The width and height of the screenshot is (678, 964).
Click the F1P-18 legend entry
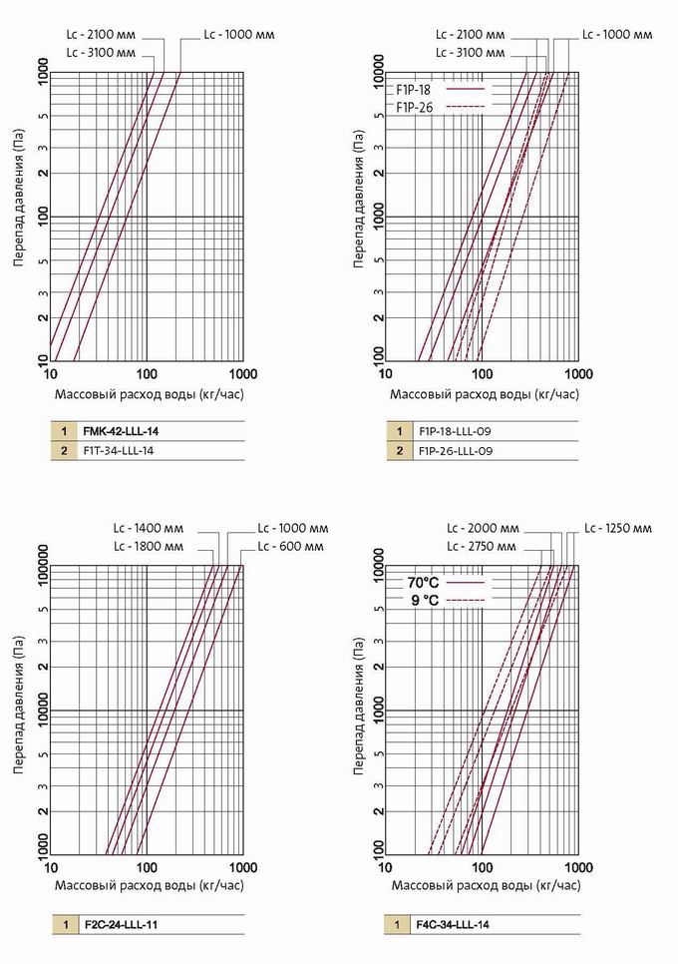coord(413,89)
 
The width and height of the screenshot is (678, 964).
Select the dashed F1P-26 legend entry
coord(413,107)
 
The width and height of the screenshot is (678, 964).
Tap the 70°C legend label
coord(423,581)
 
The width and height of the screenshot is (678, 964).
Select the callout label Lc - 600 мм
coord(290,546)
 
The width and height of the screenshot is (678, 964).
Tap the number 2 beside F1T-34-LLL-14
coord(62,451)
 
